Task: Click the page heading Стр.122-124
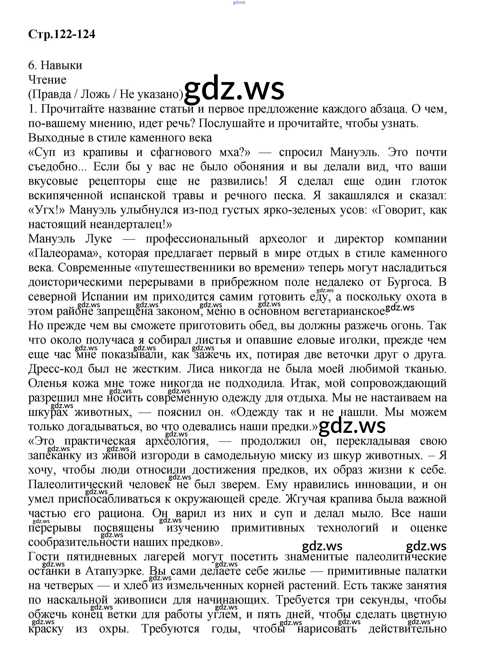click(x=62, y=34)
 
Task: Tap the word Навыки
click(x=61, y=65)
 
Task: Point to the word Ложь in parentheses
click(x=95, y=94)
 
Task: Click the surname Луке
click(x=99, y=239)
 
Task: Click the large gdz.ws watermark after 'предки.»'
click(x=352, y=425)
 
